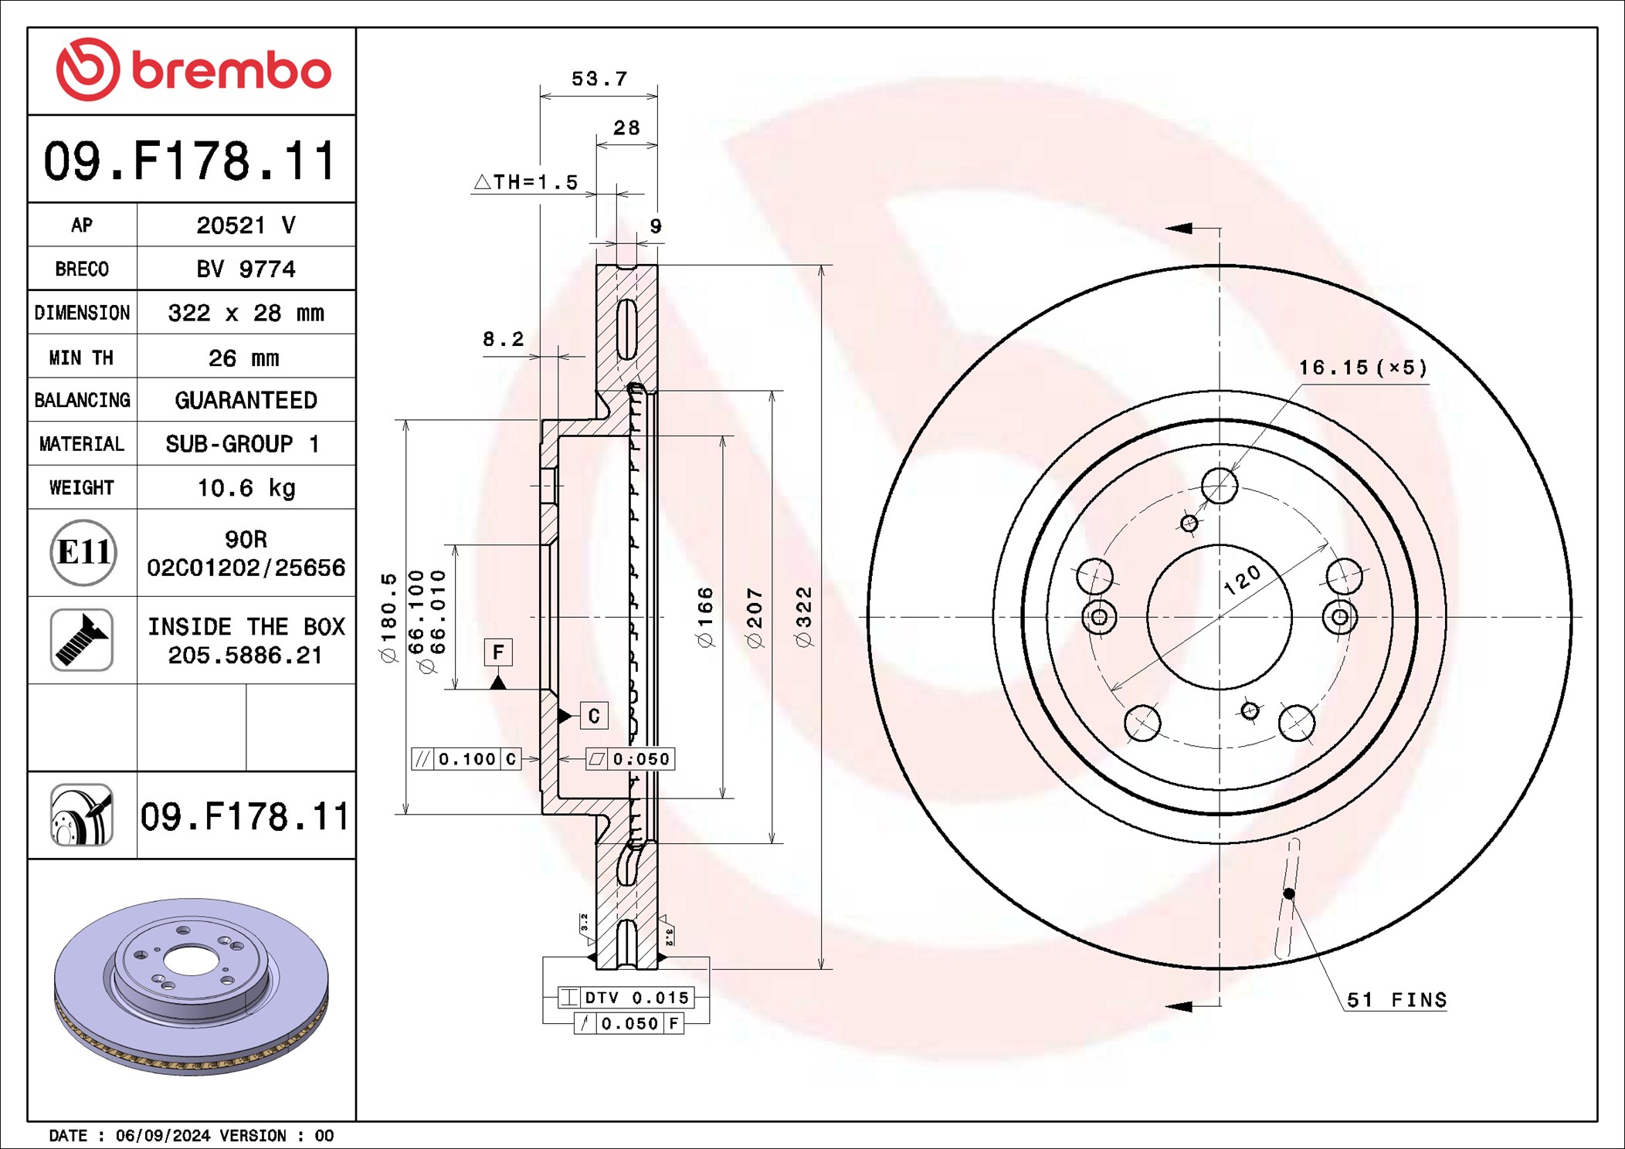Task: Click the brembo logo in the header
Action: pyautogui.click(x=193, y=69)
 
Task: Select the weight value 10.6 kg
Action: pyautogui.click(x=246, y=488)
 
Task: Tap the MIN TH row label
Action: pyautogui.click(x=81, y=358)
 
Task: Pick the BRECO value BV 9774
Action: pyautogui.click(x=246, y=269)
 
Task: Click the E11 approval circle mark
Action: pyautogui.click(x=83, y=552)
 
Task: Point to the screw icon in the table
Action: pyautogui.click(x=82, y=639)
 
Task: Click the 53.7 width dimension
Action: pyautogui.click(x=599, y=79)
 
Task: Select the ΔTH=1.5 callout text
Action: pyautogui.click(x=526, y=182)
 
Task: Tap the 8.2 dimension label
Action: pyautogui.click(x=503, y=339)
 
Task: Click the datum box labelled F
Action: pyautogui.click(x=498, y=652)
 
